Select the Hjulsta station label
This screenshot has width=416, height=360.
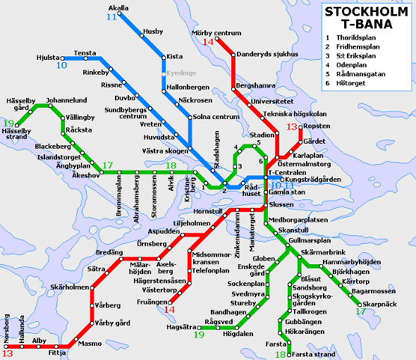(x=47, y=57)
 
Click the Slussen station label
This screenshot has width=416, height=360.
(x=282, y=204)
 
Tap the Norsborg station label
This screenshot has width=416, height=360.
(x=6, y=328)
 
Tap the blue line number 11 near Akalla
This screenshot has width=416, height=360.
(x=111, y=17)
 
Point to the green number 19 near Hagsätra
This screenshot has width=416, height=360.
(x=200, y=335)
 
